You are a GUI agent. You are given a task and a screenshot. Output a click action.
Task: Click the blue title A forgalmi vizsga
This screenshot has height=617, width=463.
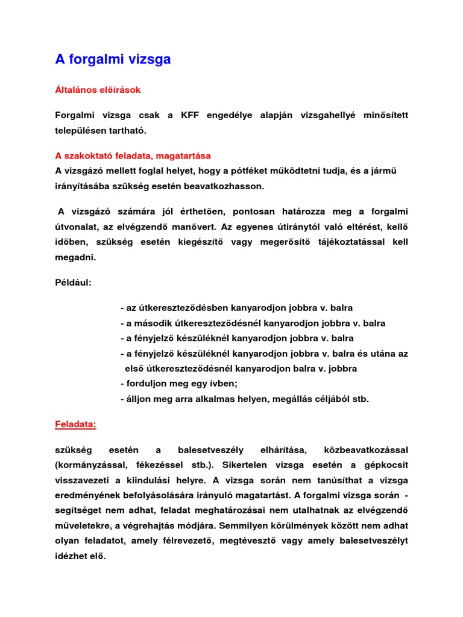(113, 59)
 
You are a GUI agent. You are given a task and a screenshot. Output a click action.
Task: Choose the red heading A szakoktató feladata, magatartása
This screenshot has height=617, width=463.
(133, 155)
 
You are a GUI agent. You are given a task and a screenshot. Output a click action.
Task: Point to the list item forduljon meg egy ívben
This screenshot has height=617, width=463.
(172, 383)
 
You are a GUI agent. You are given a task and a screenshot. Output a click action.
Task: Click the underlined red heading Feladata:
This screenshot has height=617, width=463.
(76, 424)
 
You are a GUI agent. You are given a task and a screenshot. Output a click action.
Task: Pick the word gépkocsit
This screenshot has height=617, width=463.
(385, 465)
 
